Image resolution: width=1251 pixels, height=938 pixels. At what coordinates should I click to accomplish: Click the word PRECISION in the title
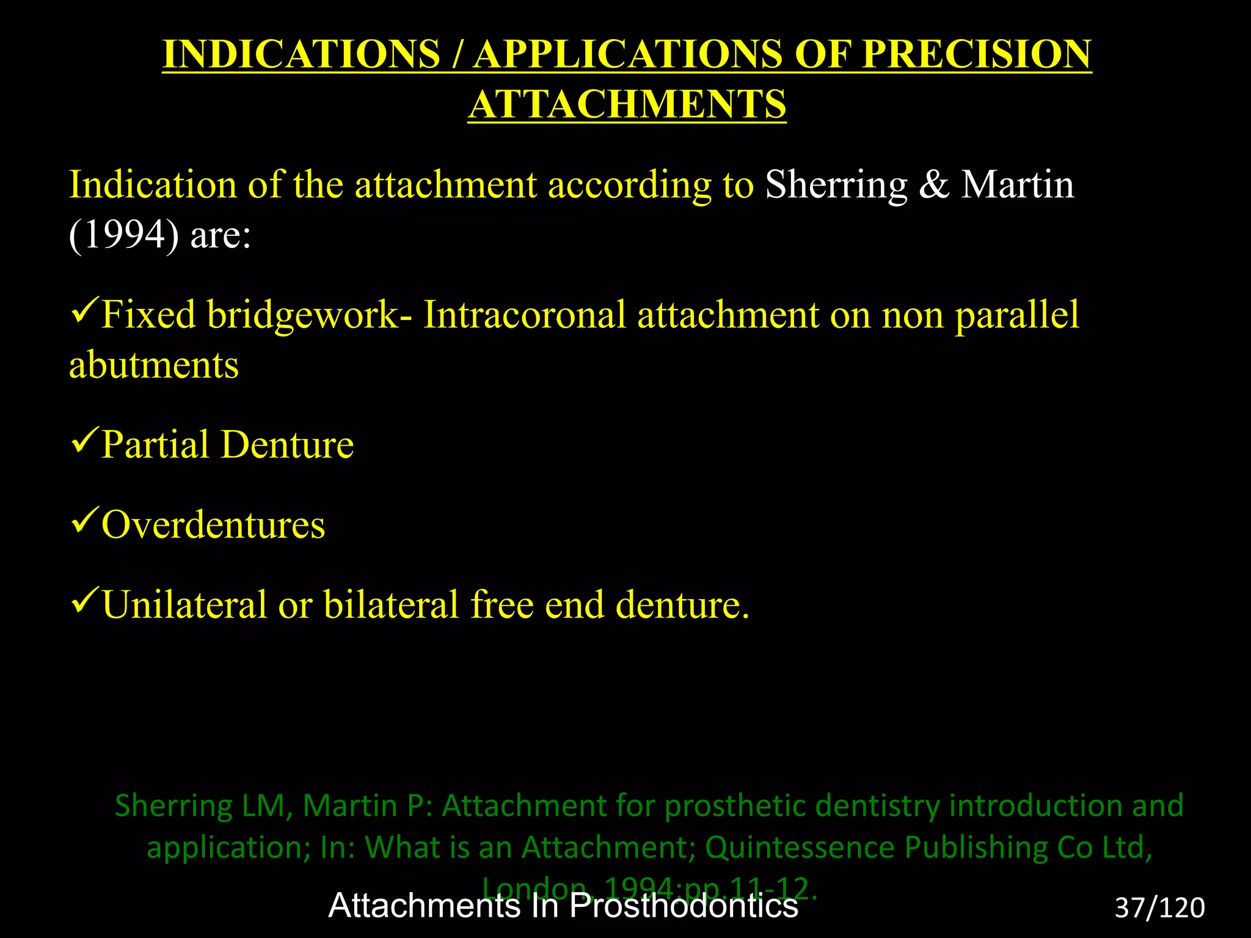tap(976, 54)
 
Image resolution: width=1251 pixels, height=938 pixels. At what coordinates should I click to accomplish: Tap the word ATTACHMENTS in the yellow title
tap(627, 104)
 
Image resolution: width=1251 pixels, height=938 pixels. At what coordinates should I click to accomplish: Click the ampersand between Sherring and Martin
tap(934, 185)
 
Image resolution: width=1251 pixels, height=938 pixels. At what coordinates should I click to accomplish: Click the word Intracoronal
tap(525, 315)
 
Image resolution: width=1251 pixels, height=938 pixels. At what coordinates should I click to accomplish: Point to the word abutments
tap(153, 365)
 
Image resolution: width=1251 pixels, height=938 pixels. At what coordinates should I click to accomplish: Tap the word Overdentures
tap(213, 525)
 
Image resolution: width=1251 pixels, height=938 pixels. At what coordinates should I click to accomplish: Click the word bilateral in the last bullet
tap(391, 605)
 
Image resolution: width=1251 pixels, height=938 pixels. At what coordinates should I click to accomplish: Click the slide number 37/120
tap(1159, 908)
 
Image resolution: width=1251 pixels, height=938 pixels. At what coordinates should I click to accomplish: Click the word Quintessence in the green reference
tap(800, 848)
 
